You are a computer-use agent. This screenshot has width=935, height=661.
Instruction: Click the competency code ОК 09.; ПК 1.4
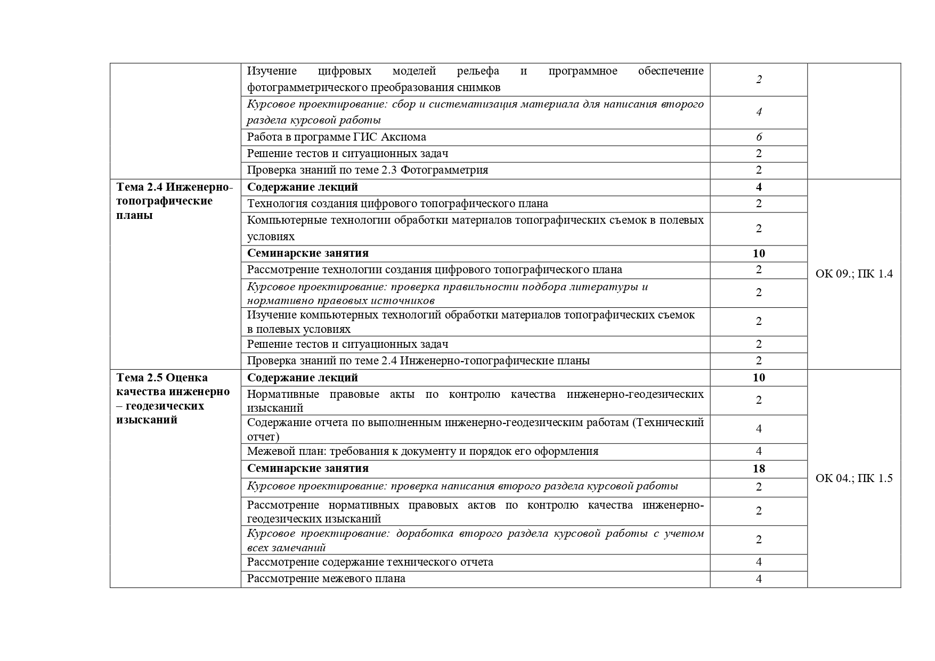(x=853, y=274)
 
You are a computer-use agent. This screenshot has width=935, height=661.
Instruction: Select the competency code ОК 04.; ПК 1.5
(x=853, y=478)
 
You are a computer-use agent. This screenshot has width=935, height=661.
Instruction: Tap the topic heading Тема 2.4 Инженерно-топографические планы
(x=175, y=201)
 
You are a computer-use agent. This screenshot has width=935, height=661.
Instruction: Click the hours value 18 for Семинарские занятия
(x=759, y=469)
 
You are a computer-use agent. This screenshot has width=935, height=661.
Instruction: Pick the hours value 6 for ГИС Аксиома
(x=759, y=137)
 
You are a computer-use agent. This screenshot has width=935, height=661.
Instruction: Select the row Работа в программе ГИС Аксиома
(x=337, y=137)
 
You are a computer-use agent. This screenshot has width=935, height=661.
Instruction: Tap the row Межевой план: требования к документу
(x=422, y=451)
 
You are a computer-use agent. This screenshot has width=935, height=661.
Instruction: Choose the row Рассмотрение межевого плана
(x=326, y=578)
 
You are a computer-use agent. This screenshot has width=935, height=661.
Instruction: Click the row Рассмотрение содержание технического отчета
(x=370, y=562)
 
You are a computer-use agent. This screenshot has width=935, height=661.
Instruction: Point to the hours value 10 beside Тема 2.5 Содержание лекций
(x=759, y=378)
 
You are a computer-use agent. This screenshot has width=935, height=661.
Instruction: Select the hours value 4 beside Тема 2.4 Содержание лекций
(x=759, y=187)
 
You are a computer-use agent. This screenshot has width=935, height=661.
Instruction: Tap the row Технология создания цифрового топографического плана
(x=397, y=203)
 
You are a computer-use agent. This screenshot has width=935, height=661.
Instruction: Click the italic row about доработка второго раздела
(x=475, y=540)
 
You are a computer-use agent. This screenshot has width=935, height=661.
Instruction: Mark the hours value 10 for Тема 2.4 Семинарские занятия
(x=759, y=253)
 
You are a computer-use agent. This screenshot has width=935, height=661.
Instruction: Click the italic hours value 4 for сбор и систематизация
(x=759, y=112)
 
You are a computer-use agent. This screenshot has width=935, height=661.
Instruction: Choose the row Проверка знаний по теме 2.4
(x=418, y=361)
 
